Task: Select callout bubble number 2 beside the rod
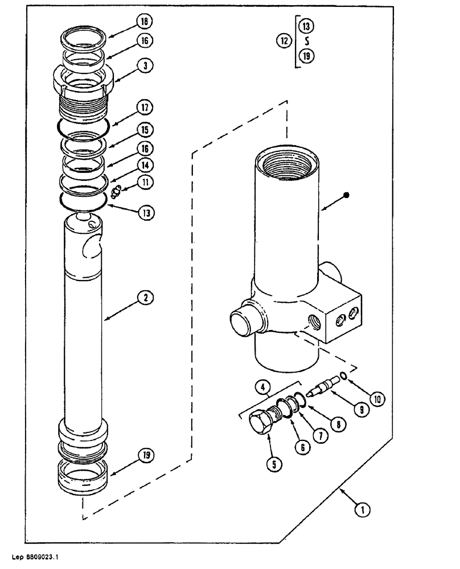click(146, 297)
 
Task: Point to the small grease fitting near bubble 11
click(116, 191)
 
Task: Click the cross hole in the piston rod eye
click(92, 248)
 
